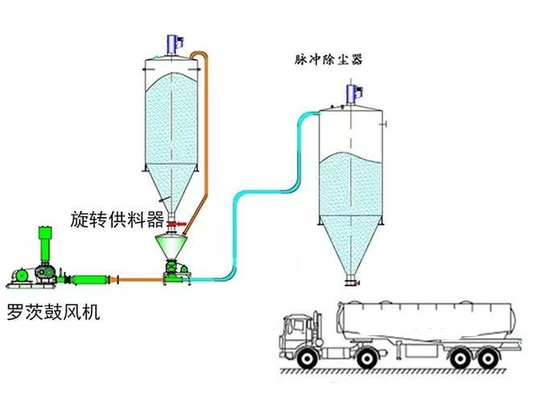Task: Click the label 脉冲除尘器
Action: (x=328, y=59)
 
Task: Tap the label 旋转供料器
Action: (x=118, y=219)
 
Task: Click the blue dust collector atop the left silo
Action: (x=173, y=43)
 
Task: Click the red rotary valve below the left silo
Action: (x=174, y=224)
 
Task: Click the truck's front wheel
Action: (x=307, y=355)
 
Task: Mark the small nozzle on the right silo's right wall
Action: (x=386, y=124)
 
